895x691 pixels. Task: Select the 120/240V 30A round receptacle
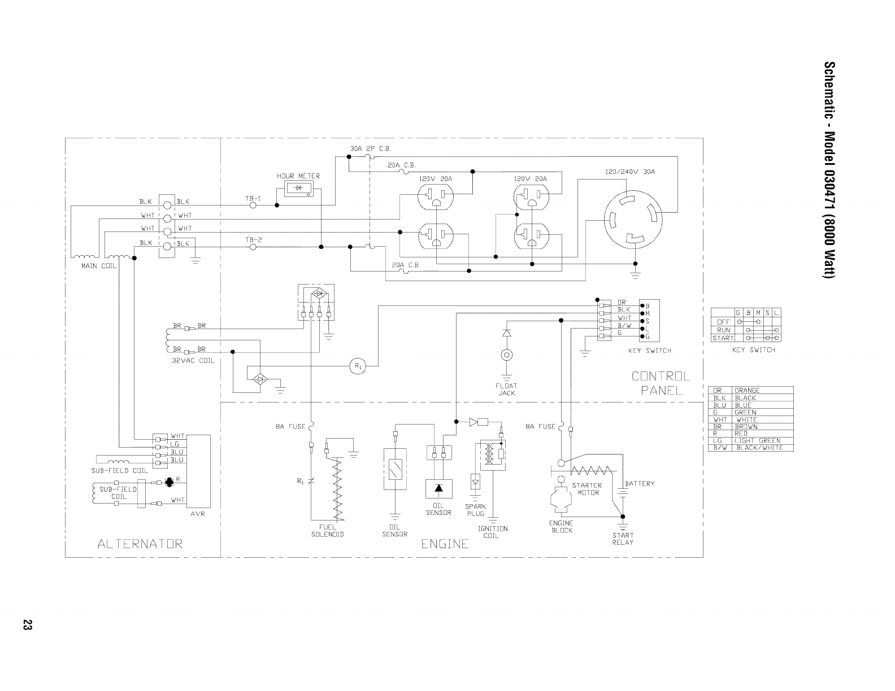631,217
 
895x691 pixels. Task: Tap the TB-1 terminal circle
253,205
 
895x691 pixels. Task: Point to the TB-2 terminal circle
253,247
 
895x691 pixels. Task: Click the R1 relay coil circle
357,366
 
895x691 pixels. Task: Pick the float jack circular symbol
507,355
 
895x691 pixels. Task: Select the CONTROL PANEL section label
661,383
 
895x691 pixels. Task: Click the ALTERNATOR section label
140,544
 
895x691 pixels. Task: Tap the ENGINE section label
445,544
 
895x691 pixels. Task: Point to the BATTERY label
640,483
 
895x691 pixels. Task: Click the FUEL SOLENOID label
327,531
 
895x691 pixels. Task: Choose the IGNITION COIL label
492,532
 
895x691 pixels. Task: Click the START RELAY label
623,539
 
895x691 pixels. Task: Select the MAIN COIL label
99,266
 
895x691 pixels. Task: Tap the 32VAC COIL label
193,360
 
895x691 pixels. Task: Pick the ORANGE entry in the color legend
747,390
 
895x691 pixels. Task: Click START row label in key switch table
723,338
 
